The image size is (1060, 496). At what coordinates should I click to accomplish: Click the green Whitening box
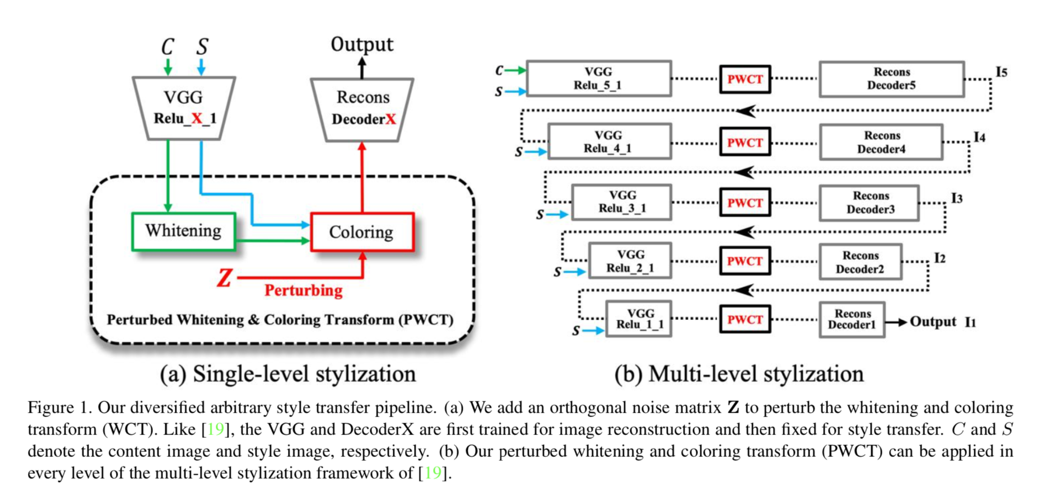183,231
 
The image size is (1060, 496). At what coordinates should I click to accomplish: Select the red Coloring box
362,232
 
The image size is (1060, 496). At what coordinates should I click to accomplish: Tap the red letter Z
225,278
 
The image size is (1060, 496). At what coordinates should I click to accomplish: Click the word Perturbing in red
303,291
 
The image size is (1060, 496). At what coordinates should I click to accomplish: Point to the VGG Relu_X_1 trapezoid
184,107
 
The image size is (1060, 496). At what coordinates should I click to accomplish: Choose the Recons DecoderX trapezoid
362,108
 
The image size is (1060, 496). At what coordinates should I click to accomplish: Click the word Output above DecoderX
362,44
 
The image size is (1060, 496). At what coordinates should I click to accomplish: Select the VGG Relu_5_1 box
598,79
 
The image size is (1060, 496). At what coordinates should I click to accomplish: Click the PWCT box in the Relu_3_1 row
745,203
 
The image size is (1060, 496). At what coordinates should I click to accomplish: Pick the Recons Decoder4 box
881,142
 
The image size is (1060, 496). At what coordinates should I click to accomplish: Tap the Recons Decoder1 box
852,320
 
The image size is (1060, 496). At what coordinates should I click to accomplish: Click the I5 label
1001,72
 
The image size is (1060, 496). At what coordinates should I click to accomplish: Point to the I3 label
957,198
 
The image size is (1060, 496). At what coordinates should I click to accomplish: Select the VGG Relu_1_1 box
639,319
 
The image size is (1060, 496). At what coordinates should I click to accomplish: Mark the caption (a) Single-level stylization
288,374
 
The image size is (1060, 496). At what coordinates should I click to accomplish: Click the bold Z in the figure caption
733,408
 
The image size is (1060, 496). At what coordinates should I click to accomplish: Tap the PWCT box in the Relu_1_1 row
745,320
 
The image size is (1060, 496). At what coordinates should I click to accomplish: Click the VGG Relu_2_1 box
630,261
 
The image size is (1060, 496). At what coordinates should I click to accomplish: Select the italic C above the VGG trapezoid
168,46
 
